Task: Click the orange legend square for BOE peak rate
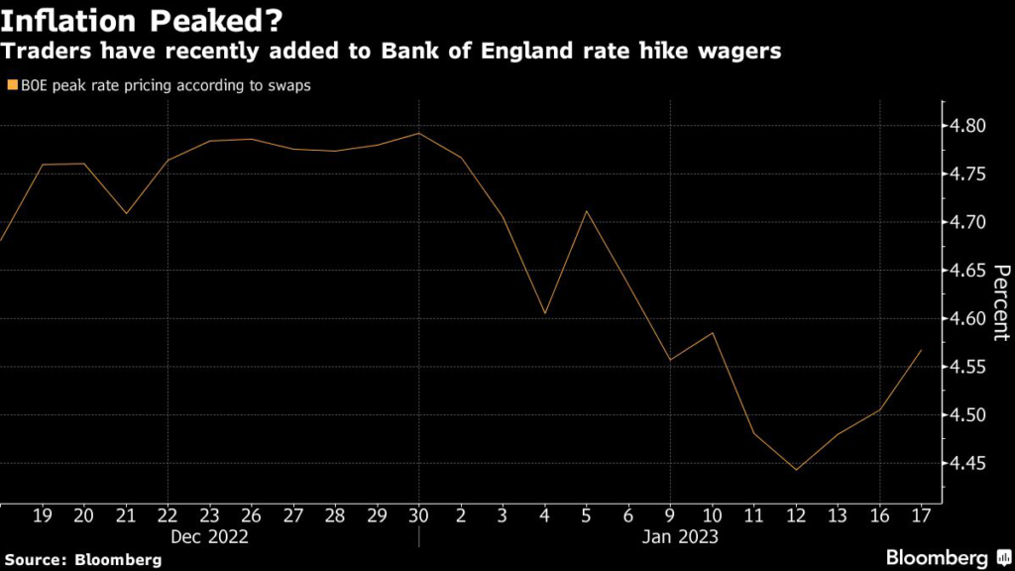click(11, 86)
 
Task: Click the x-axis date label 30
click(418, 515)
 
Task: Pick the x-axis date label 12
click(795, 515)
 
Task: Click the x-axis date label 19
click(43, 515)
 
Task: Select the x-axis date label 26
click(251, 515)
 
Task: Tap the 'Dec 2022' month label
click(209, 537)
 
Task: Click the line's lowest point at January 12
click(795, 470)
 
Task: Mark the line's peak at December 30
click(418, 133)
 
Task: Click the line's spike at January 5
click(587, 210)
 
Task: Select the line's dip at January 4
click(544, 313)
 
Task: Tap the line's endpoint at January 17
click(921, 350)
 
